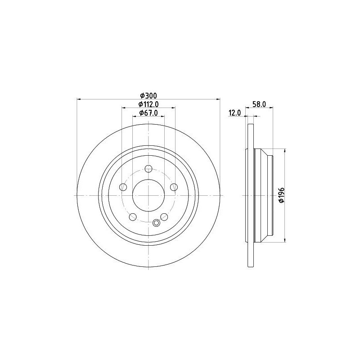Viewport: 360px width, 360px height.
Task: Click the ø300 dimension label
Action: pos(148,95)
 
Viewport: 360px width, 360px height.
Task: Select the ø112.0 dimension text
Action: pos(148,104)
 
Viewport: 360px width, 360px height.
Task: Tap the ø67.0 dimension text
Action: pos(148,113)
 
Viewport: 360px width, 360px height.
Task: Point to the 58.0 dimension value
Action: pos(259,104)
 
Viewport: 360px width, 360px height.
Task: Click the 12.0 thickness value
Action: pos(234,113)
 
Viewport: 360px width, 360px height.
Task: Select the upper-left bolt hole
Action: pos(123,187)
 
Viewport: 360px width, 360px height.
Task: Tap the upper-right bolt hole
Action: pos(174,187)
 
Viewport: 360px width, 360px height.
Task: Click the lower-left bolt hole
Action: pos(133,217)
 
